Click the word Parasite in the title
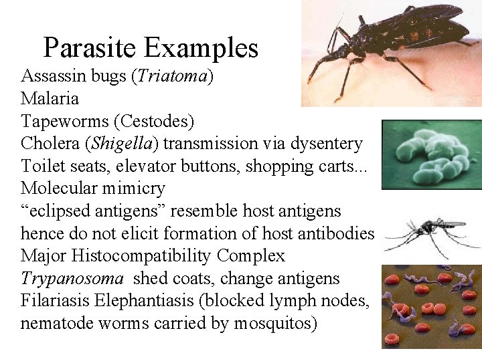(90, 48)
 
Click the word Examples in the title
(201, 48)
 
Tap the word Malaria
(50, 99)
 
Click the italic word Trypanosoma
(72, 279)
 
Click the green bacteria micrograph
(431, 154)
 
